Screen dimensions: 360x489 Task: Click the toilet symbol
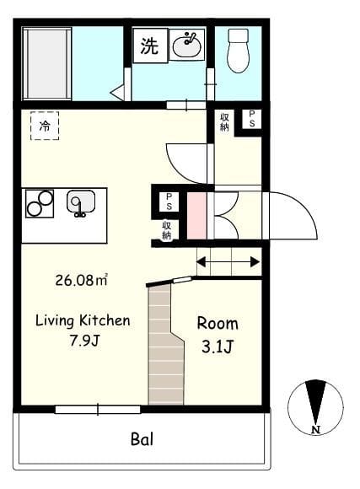(239, 51)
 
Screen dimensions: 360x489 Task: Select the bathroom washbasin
(187, 45)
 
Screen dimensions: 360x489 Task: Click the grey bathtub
(47, 64)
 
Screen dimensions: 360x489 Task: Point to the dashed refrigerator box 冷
(45, 126)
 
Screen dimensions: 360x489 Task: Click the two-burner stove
(40, 203)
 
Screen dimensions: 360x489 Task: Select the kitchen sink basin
(81, 202)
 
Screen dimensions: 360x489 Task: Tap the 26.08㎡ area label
(82, 280)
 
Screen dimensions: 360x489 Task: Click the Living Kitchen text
(83, 321)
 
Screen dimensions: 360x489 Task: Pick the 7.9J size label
(84, 341)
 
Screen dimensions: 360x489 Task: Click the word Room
(218, 324)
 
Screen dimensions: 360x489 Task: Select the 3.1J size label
(218, 347)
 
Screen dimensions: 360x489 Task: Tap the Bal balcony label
(142, 439)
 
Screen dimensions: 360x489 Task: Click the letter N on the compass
(316, 430)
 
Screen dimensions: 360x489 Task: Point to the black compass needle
(315, 401)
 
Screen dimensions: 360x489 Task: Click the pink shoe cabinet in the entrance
(196, 216)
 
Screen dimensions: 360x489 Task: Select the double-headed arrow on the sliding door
(228, 261)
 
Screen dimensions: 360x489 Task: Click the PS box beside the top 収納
(252, 119)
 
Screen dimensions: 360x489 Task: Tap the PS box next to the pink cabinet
(169, 202)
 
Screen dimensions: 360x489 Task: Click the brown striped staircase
(165, 345)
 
